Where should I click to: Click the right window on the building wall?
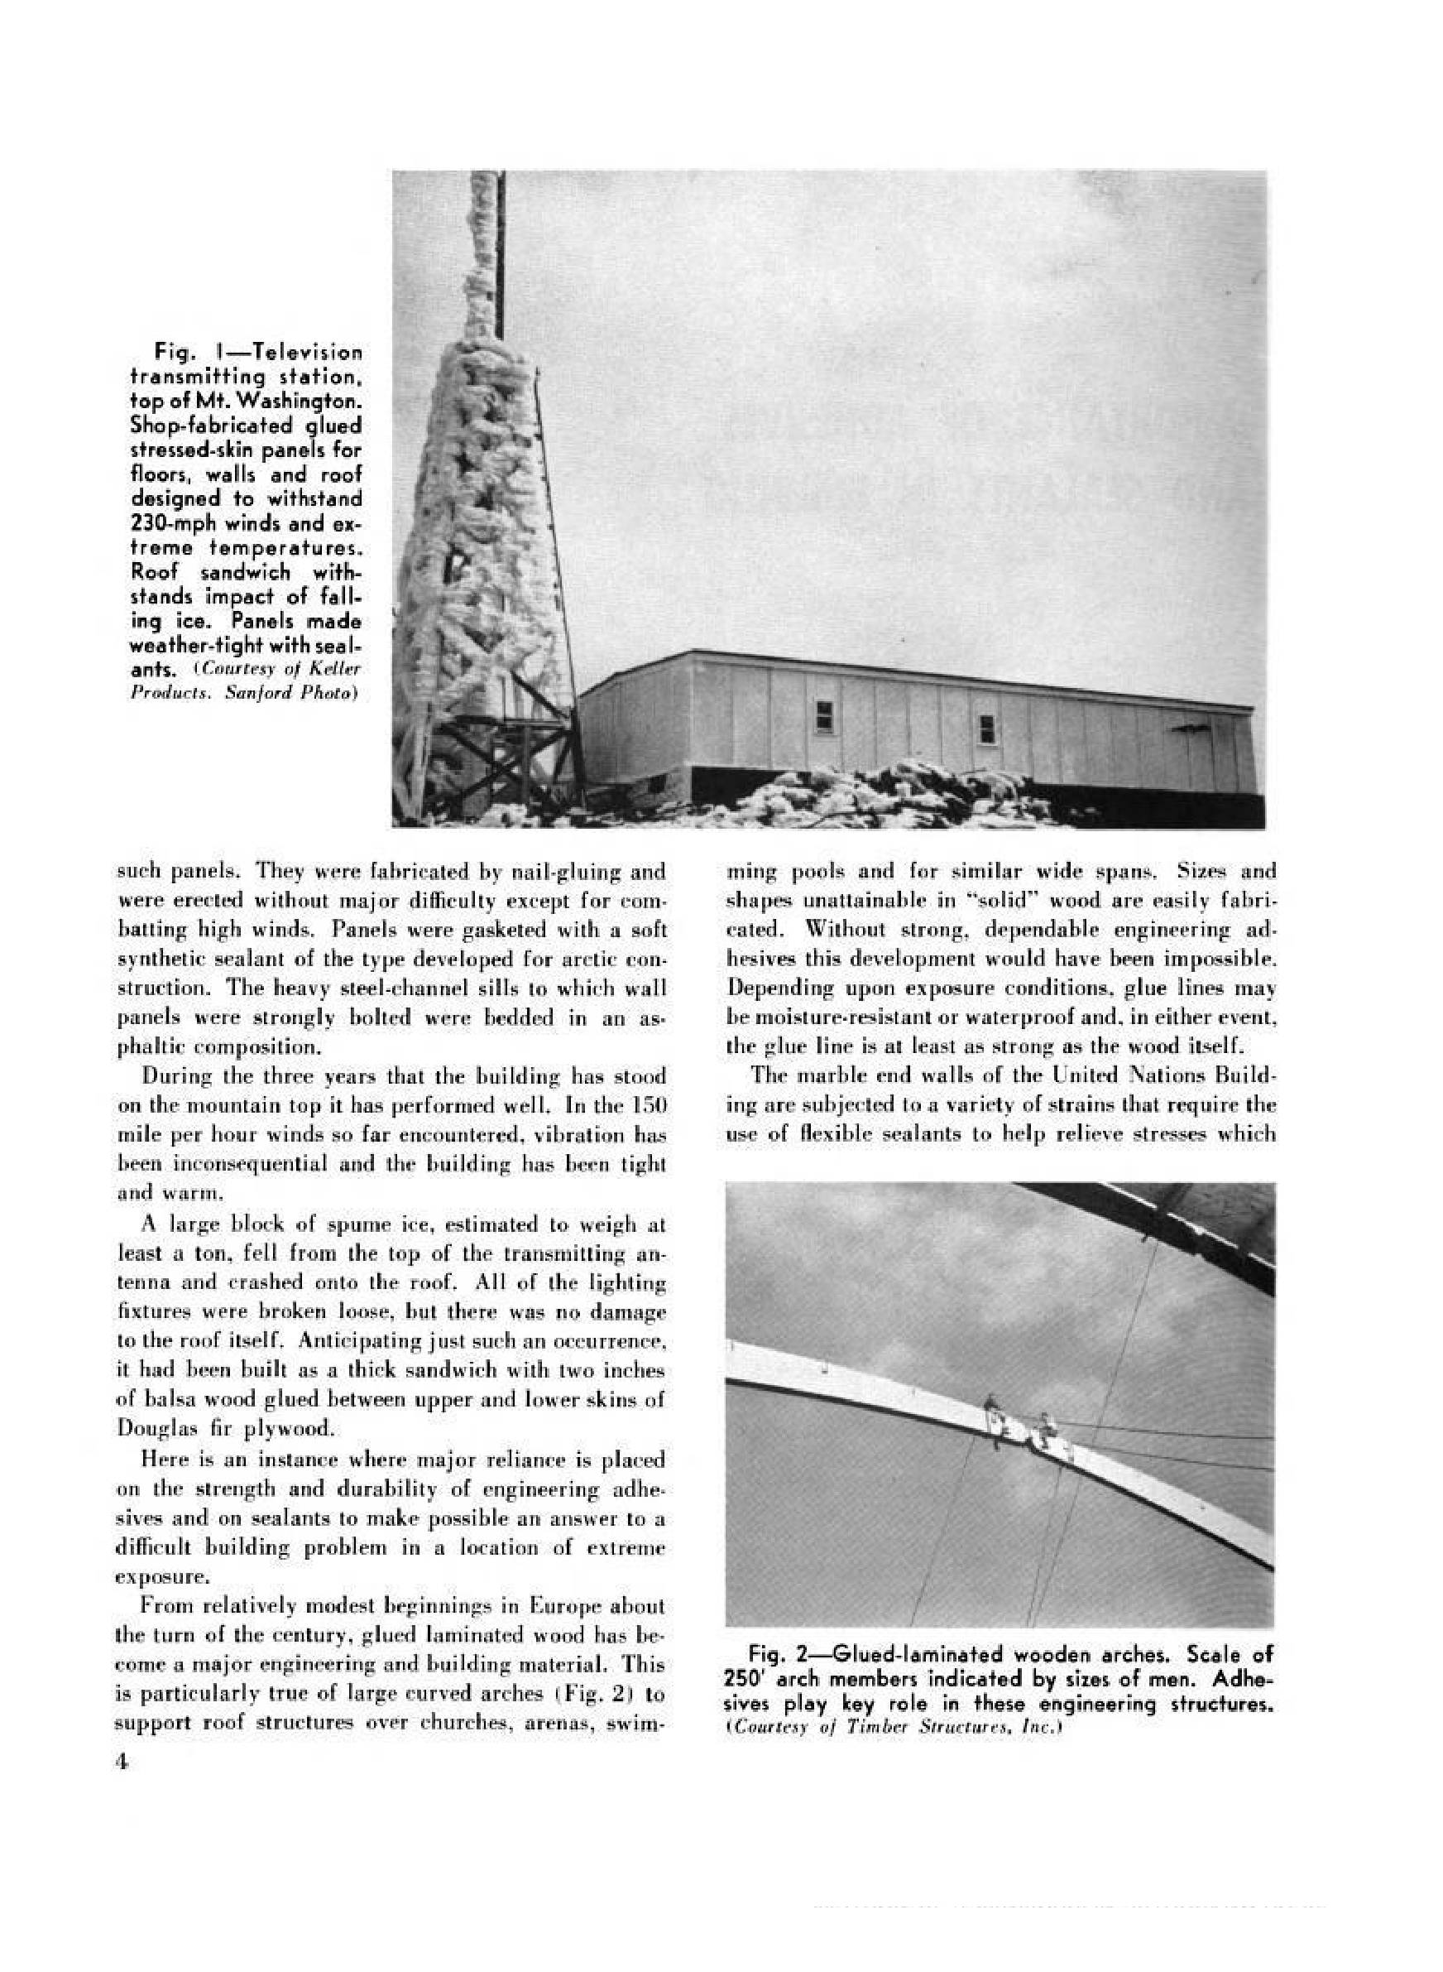987,727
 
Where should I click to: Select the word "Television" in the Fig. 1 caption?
312,353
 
